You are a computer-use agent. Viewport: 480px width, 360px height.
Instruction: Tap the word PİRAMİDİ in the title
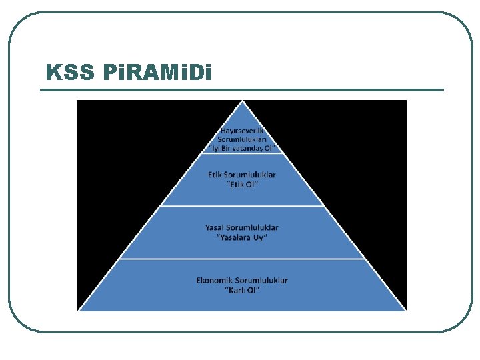pyautogui.click(x=158, y=72)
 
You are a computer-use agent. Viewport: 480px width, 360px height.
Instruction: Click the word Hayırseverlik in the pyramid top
pyautogui.click(x=242, y=131)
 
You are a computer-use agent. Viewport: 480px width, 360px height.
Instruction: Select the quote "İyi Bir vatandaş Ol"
pyautogui.click(x=242, y=148)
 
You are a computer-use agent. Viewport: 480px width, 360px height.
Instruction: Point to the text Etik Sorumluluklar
pyautogui.click(x=242, y=175)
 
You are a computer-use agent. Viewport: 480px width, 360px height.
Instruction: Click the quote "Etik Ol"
pyautogui.click(x=242, y=184)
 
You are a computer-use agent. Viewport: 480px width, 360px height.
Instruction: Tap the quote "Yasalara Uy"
pyautogui.click(x=242, y=237)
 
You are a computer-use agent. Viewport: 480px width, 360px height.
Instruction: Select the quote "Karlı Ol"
pyautogui.click(x=242, y=290)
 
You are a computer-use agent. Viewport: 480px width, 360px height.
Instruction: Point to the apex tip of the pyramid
pyautogui.click(x=243, y=102)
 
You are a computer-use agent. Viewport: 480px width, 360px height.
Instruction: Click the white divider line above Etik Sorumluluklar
pyautogui.click(x=242, y=154)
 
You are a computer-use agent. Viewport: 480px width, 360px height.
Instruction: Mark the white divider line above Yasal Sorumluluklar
pyautogui.click(x=242, y=206)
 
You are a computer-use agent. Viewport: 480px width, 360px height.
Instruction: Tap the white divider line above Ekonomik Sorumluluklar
pyautogui.click(x=242, y=259)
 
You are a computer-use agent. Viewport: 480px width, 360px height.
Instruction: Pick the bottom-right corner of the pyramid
pyautogui.click(x=405, y=310)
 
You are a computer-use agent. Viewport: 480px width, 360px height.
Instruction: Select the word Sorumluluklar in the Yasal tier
pyautogui.click(x=254, y=228)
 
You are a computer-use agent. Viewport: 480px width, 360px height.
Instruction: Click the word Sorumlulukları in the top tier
pyautogui.click(x=242, y=140)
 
